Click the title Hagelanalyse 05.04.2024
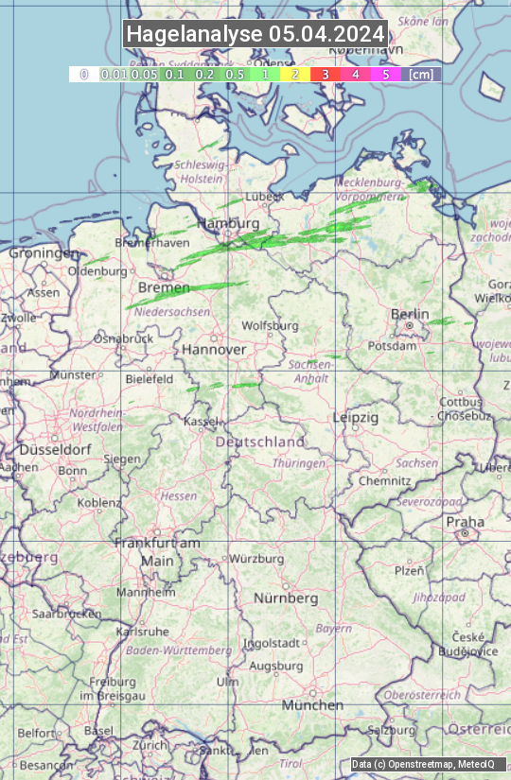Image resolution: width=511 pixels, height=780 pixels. pyautogui.click(x=255, y=34)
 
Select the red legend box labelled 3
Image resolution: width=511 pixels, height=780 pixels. pyautogui.click(x=325, y=74)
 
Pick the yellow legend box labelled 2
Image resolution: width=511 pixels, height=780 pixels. pyautogui.click(x=294, y=74)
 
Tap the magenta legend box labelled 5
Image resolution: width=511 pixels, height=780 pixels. pyautogui.click(x=385, y=74)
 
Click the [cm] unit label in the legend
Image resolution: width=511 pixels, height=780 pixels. pyautogui.click(x=421, y=74)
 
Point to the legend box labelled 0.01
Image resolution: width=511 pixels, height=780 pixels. pyautogui.click(x=114, y=74)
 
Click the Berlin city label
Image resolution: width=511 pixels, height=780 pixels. pyautogui.click(x=410, y=315)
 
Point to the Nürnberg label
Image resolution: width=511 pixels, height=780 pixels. pyautogui.click(x=286, y=598)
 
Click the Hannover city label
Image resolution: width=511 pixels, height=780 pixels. pyautogui.click(x=214, y=350)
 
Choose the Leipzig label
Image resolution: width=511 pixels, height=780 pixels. pyautogui.click(x=356, y=417)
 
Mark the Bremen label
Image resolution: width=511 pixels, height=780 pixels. pyautogui.click(x=164, y=287)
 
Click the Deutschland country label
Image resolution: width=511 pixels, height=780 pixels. pyautogui.click(x=260, y=442)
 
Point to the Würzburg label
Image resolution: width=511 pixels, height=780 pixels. pyautogui.click(x=256, y=559)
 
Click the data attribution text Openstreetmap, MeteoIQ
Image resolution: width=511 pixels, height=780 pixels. pyautogui.click(x=428, y=764)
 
